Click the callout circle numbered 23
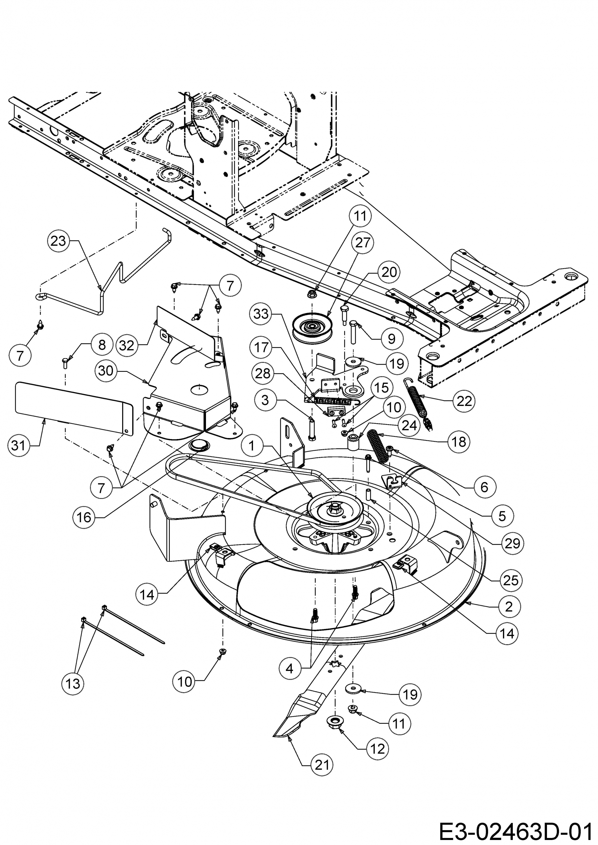[x=59, y=241]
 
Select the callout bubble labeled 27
[x=363, y=243]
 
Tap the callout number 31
[x=18, y=446]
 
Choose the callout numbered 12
[x=377, y=749]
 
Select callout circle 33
[x=261, y=314]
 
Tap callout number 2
[x=509, y=606]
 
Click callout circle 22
[x=464, y=401]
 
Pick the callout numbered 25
[x=510, y=580]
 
